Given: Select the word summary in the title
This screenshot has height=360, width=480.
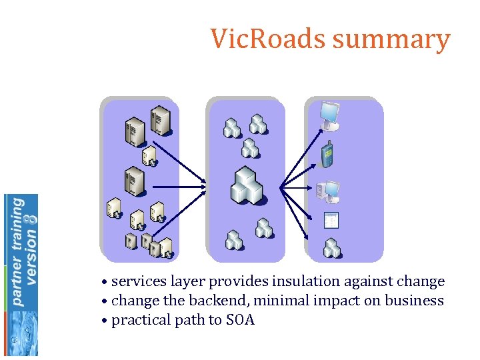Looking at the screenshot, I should click(391, 40).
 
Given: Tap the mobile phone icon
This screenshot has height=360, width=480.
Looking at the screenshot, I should click(327, 154).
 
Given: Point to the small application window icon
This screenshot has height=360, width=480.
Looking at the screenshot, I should click(331, 221).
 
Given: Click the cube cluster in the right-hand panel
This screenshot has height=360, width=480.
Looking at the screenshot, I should click(332, 248).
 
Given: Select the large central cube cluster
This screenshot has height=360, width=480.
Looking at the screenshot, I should click(247, 186).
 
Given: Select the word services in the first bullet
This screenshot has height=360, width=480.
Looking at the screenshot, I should click(137, 281).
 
